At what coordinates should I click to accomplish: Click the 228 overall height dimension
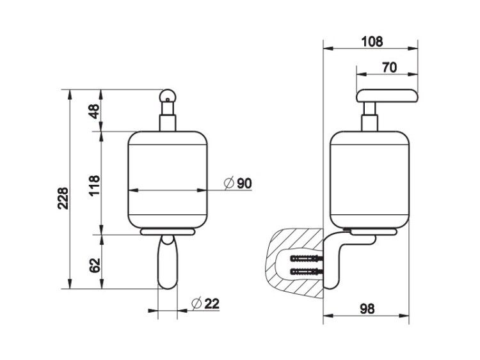point(63,198)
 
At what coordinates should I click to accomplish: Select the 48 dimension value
point(95,111)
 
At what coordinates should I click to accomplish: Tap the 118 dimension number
point(95,185)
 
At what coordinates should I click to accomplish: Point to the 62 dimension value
point(95,265)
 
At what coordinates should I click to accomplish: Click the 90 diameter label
point(244,184)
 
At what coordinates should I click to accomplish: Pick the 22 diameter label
point(212,303)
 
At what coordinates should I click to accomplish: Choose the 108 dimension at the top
point(372,42)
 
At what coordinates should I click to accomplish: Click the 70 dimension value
point(389,67)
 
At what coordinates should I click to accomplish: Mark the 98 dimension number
point(367,309)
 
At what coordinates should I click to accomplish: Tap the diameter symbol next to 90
point(229,184)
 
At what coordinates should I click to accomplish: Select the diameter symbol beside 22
point(196,303)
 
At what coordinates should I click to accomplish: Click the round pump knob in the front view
point(168,96)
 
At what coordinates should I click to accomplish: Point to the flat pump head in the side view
point(387,95)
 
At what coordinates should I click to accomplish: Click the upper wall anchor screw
point(307,258)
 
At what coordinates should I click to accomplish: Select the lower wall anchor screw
point(307,270)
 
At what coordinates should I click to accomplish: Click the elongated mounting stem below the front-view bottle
point(168,262)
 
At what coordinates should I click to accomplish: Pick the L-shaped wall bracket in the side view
point(332,260)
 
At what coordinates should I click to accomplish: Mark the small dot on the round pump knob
point(168,99)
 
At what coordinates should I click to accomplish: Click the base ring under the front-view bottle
point(168,231)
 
